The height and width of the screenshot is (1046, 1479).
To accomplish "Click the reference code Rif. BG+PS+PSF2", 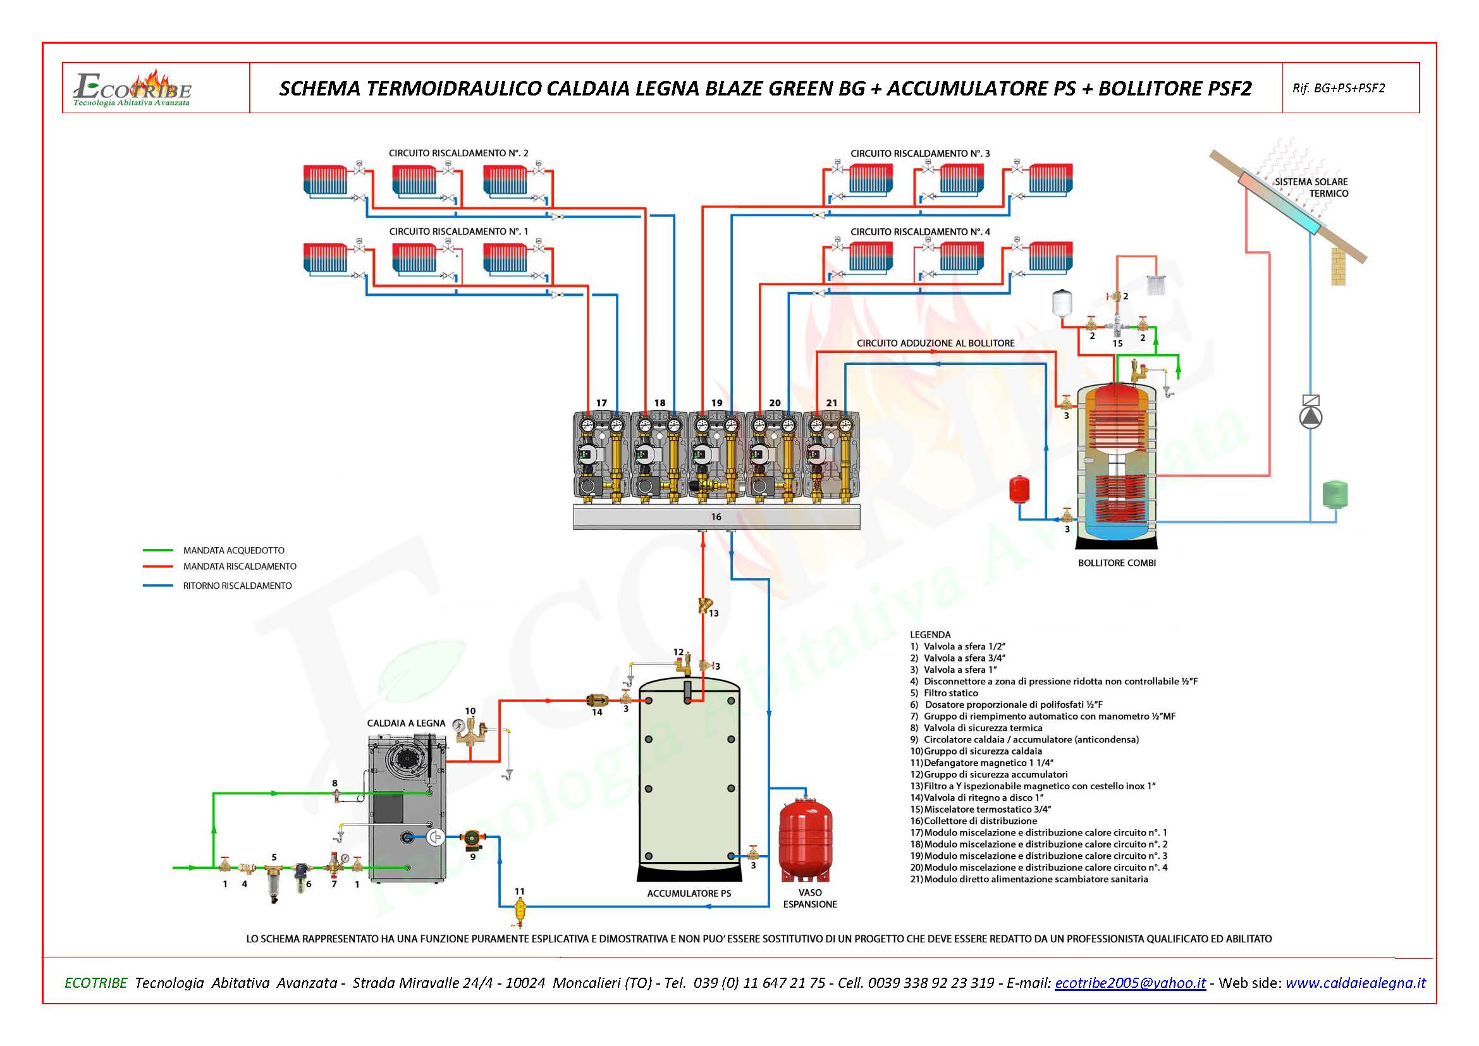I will [1339, 89].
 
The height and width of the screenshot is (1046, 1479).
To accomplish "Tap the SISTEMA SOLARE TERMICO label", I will [1311, 187].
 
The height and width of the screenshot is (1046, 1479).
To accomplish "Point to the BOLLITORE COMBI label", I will [1116, 563].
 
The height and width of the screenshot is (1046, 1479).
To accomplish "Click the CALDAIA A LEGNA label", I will [406, 723].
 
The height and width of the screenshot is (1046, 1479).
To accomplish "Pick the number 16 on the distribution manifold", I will [716, 517].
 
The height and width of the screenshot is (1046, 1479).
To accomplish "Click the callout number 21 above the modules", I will [832, 403].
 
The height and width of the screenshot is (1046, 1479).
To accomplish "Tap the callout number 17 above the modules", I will [601, 403].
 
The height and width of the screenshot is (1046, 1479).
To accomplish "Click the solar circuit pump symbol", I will [1310, 417].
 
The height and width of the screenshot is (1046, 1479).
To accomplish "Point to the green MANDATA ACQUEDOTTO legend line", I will [158, 551].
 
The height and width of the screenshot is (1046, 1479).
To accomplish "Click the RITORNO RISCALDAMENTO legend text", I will [237, 586].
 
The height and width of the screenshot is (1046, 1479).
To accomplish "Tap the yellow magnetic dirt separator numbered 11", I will [520, 909].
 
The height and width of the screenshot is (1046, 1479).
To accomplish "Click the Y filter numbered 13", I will [704, 606].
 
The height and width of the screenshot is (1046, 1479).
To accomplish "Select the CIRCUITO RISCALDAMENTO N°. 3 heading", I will [920, 153].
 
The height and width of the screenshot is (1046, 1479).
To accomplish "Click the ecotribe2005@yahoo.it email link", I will [1130, 983].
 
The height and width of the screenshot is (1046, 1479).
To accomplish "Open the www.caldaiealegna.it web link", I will [1355, 983].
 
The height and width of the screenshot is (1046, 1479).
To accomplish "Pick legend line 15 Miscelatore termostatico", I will [981, 809].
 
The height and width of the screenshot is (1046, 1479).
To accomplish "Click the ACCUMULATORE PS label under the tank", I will [689, 894].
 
